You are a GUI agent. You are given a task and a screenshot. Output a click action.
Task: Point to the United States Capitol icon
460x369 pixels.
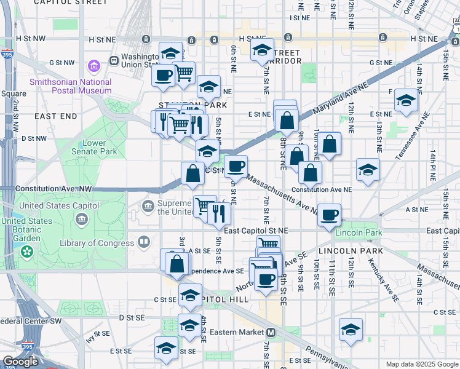(82, 219)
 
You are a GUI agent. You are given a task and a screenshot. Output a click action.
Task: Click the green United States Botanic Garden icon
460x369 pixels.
(26, 251)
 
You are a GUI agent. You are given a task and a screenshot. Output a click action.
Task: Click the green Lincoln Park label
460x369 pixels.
(359, 232)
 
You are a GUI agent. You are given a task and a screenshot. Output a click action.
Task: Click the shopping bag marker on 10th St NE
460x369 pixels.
(330, 144)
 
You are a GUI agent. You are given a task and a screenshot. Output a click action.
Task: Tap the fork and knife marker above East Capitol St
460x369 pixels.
(219, 213)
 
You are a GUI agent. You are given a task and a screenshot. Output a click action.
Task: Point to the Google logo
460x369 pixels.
(20, 361)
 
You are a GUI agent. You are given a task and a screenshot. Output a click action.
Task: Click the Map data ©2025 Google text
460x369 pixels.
(421, 364)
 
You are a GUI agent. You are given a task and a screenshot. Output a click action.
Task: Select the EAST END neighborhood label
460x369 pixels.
(56, 116)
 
